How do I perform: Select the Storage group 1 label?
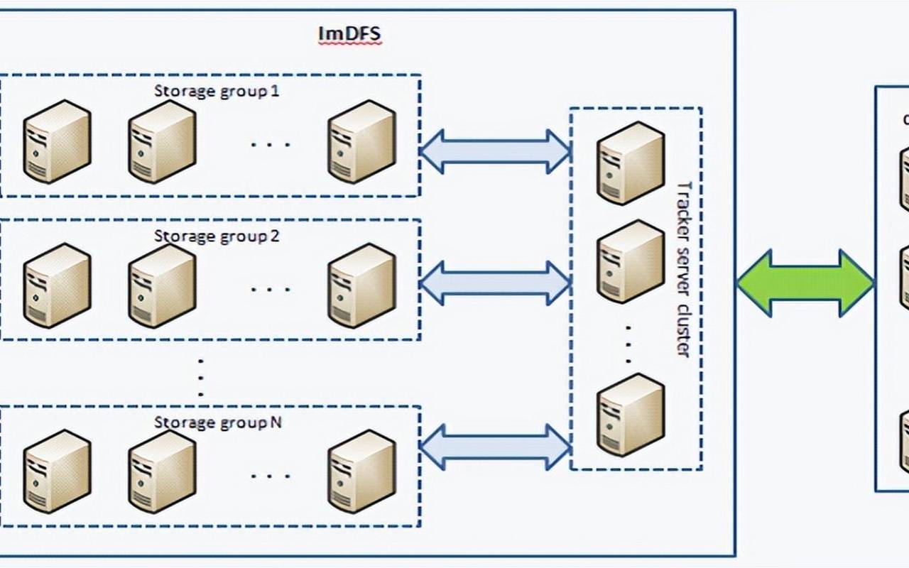pos(217,92)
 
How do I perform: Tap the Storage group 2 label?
pos(217,236)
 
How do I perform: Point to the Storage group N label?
pos(217,422)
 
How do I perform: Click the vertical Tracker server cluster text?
pos(683,269)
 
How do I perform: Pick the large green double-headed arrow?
pos(805,283)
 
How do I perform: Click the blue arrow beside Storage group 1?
pos(495,151)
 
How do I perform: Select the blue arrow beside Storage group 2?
pos(495,283)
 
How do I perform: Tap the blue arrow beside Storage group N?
pos(495,447)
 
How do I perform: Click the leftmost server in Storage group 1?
pos(57,141)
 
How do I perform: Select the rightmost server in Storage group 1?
pos(361,141)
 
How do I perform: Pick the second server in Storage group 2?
pos(162,286)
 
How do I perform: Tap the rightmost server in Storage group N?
pos(361,471)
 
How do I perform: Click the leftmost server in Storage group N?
pos(57,471)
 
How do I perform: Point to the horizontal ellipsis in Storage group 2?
pos(271,290)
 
